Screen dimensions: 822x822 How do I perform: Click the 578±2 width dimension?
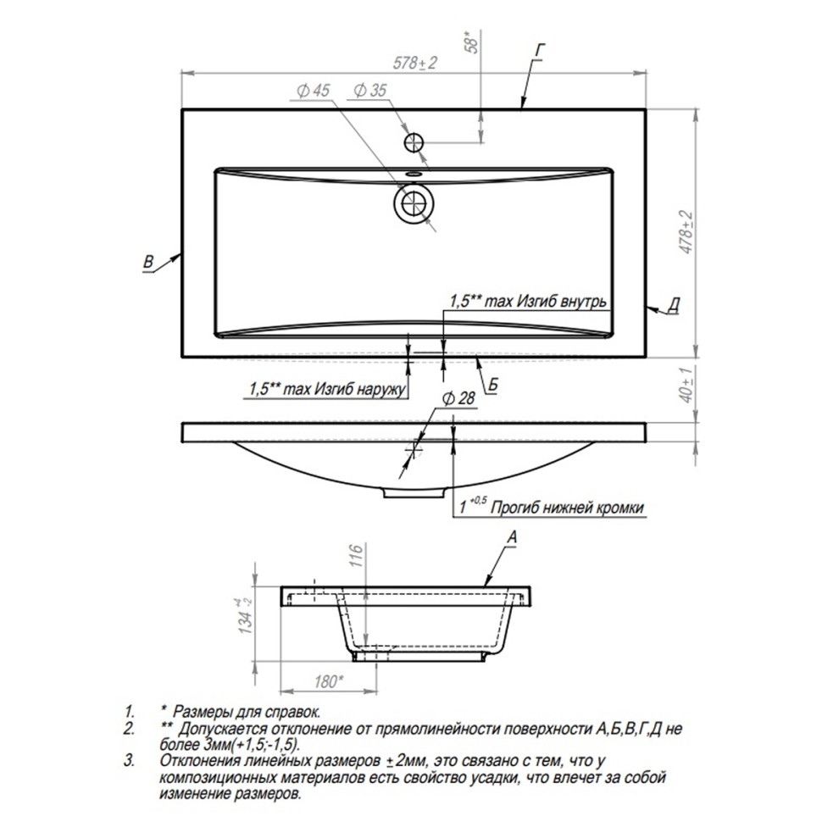point(414,63)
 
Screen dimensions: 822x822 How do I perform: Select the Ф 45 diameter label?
point(313,91)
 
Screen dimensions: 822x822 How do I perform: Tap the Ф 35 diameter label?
point(370,90)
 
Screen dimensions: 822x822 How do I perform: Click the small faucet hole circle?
point(414,142)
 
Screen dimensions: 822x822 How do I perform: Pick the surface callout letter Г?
point(540,51)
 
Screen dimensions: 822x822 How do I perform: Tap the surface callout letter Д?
point(675,304)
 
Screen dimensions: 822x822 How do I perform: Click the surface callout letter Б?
point(493,386)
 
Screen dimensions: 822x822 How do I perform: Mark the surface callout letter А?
point(512,536)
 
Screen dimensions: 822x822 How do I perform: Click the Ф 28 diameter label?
point(458,399)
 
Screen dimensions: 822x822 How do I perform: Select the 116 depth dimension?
point(356,556)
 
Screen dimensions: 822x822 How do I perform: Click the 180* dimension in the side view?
point(329,681)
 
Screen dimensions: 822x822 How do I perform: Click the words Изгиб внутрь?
point(562,302)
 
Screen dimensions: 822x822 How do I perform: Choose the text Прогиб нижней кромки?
point(567,508)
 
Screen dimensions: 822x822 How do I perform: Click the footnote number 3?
point(129,761)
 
